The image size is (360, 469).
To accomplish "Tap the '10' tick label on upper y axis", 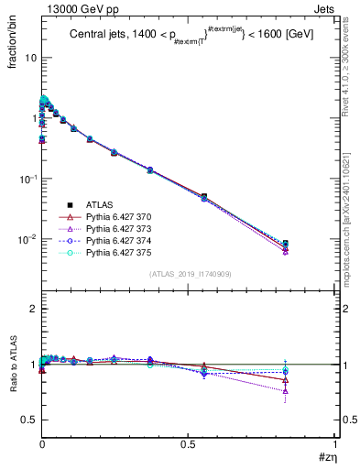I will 29,58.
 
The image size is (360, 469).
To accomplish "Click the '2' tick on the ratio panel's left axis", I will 33,309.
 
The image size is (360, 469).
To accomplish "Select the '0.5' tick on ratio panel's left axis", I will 28,420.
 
